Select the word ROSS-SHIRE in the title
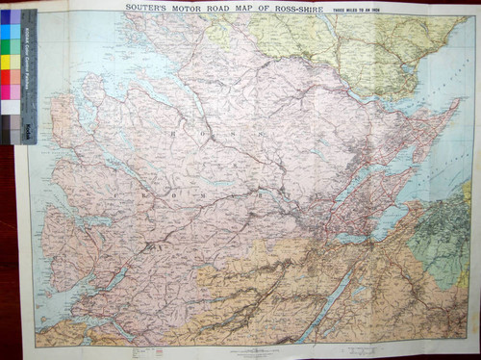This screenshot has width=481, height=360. tap(301, 7)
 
